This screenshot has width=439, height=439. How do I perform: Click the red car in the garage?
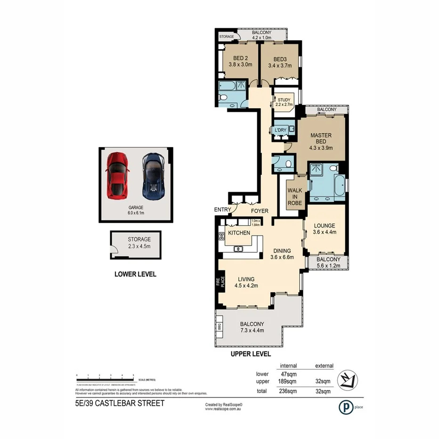coord(117,175)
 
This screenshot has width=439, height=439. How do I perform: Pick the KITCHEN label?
coord(239,233)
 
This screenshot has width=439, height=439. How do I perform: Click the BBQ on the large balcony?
coord(219,326)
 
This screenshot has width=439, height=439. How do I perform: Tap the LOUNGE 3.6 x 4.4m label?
coord(328,228)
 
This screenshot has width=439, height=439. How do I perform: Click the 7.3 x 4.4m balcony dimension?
coord(252,330)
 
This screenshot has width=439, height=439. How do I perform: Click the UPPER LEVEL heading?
coord(250,354)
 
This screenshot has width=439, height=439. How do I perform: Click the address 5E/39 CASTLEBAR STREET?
coord(120,403)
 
